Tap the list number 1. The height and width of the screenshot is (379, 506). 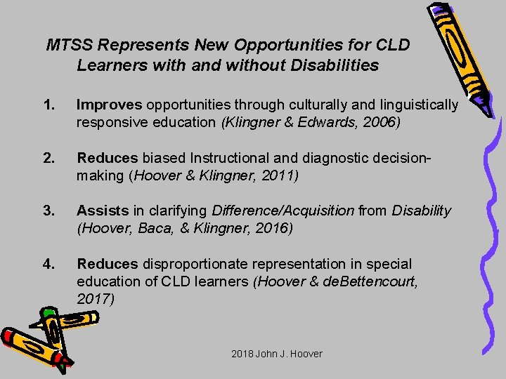pos(48,105)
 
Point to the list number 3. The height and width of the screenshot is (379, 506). pos(48,211)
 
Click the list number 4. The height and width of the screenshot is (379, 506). pos(48,264)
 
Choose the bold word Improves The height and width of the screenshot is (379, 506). pos(109,105)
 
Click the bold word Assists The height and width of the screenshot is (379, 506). pos(103,211)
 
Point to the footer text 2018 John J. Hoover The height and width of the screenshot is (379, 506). pos(276,354)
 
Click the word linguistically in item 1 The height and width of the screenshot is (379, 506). pos(415,105)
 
